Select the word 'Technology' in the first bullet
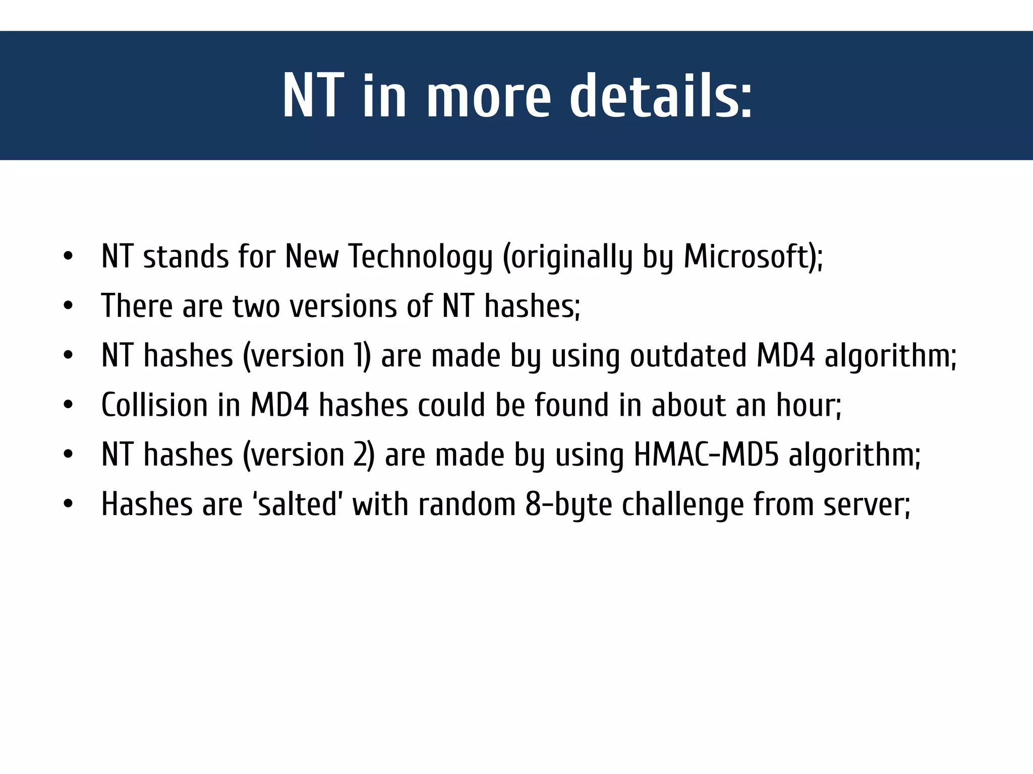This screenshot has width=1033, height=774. tap(420, 257)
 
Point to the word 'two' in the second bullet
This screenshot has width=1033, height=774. tap(256, 306)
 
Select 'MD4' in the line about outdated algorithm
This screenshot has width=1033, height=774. tap(785, 355)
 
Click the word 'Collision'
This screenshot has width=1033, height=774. tap(154, 405)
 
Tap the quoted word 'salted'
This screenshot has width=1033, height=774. tap(297, 504)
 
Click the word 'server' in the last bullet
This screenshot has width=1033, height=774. tap(864, 504)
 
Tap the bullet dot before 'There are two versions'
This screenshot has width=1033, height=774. tap(68, 306)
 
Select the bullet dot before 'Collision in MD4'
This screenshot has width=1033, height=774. tap(68, 405)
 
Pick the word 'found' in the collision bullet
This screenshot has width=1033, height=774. tap(571, 405)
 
